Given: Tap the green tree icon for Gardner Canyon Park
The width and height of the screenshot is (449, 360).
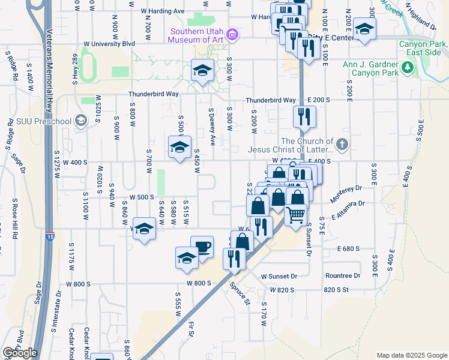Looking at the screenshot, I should tap(408, 68).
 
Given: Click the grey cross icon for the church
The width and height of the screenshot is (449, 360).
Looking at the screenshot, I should tap(342, 144).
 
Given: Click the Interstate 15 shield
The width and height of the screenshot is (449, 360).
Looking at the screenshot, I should tap(49, 237).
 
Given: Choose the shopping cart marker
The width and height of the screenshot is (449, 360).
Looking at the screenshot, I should tap(295, 215).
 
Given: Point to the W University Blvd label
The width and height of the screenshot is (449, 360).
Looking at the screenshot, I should tap(109, 44).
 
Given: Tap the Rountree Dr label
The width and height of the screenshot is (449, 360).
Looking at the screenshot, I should tap(342, 276).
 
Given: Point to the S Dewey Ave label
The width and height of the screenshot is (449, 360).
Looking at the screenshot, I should tap(212, 127).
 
